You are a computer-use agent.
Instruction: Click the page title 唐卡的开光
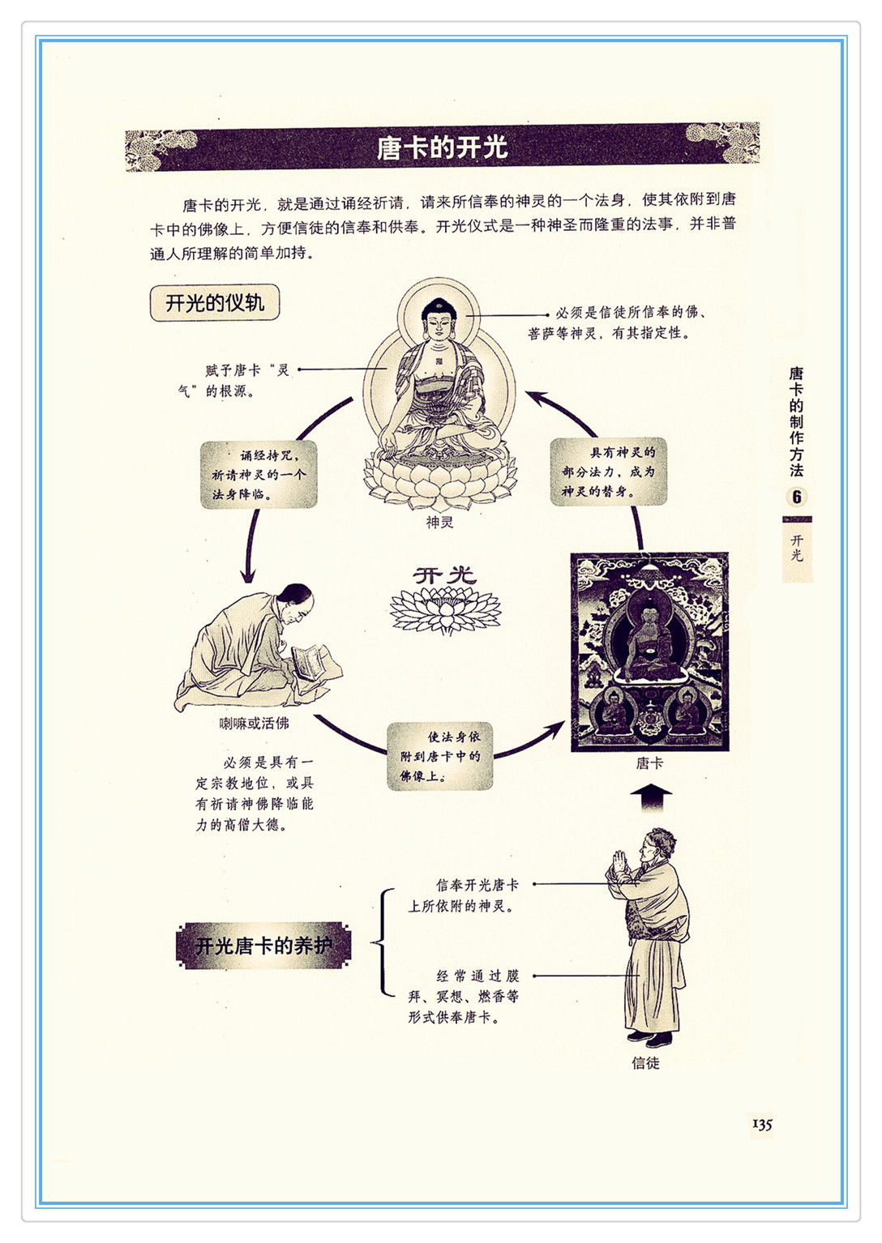442,147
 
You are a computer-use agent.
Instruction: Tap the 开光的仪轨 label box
215,303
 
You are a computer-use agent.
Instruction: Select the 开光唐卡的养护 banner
263,946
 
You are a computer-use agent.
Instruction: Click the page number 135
762,1124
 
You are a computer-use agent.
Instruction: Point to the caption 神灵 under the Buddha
439,522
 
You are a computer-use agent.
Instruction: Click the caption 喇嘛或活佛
255,723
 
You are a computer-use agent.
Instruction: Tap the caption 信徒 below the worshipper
645,1063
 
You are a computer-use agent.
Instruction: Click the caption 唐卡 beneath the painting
649,763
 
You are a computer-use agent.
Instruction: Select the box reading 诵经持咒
259,475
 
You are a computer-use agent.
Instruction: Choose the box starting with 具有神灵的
608,472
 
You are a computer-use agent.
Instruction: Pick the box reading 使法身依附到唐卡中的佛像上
439,756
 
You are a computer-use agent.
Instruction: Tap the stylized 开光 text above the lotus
444,575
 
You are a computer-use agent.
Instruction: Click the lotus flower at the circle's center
445,610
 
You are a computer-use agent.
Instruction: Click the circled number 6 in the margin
797,497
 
